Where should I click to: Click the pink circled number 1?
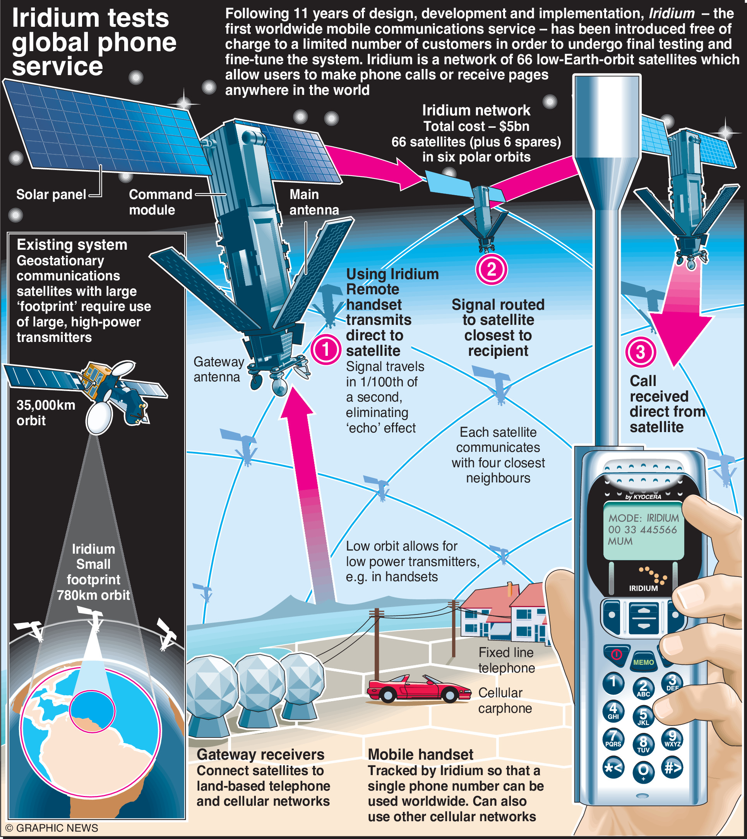coord(326,350)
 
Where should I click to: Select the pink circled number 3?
coord(640,352)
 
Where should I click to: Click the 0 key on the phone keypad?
coord(643,770)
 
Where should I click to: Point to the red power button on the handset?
coord(616,654)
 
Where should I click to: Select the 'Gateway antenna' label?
coord(218,369)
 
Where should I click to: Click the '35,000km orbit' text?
coord(46,412)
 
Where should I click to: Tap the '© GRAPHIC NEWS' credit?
coord(52,828)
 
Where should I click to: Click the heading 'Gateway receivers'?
coord(260,755)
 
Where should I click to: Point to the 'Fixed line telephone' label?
coord(507,660)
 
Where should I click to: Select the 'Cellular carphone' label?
coord(505,700)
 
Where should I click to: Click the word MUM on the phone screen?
coord(620,541)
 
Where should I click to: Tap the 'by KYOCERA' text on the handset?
coord(643,497)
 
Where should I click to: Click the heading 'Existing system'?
coord(72,245)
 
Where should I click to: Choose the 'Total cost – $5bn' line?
coord(476,127)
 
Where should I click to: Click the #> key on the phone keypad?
coord(672,768)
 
